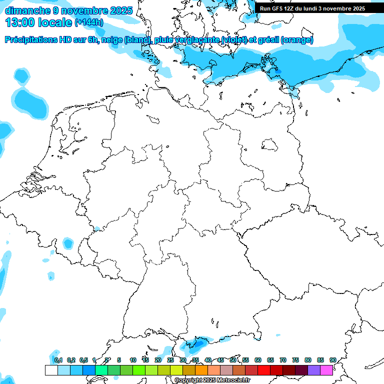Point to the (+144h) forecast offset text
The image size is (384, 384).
[88, 22]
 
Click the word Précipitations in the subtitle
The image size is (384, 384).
[34, 40]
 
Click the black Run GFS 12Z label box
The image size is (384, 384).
[312, 8]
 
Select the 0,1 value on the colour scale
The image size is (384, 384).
[58, 360]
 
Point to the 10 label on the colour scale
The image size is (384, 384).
[133, 360]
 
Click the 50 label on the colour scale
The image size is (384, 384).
[233, 360]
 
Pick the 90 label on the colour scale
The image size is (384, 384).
[333, 360]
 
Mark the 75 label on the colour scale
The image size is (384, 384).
[295, 360]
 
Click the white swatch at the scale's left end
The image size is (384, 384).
[51, 370]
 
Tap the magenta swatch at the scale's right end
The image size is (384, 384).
[326, 370]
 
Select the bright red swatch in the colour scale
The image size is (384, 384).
[264, 370]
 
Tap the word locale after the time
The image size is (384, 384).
[54, 22]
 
